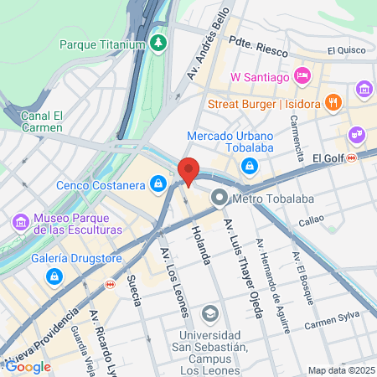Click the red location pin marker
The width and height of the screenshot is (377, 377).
point(188,171)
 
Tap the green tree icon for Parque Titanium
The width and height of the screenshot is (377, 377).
point(159,41)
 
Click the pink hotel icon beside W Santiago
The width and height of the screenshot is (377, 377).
point(303,77)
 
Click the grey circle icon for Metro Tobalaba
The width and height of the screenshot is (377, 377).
point(219,198)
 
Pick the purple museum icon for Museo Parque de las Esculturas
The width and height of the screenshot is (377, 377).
point(20,222)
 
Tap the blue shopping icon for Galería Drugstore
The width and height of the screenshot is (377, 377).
point(54,275)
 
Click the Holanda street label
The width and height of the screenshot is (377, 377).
point(200,245)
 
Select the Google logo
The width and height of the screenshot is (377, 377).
point(28,366)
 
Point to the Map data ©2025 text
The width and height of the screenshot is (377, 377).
point(341,370)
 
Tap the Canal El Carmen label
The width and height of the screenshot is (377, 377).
point(42,121)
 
